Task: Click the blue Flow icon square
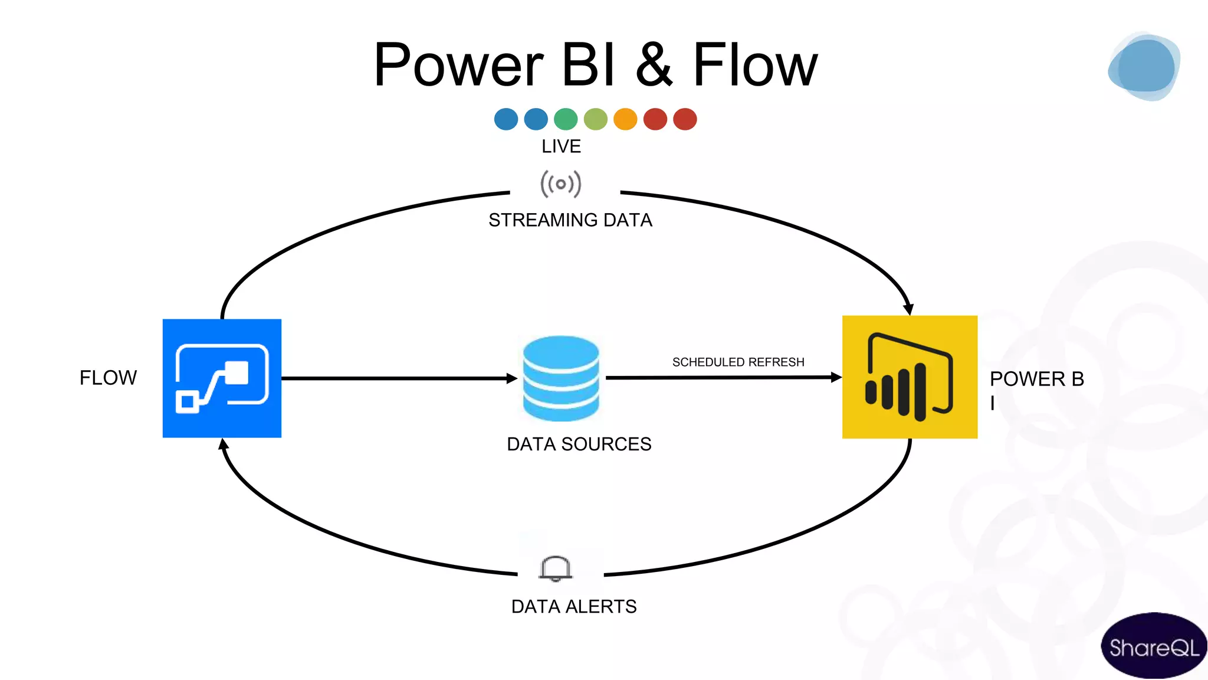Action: pos(222,378)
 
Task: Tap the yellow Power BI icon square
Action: pos(910,377)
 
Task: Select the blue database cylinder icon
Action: pos(560,378)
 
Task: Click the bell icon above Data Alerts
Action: pos(555,568)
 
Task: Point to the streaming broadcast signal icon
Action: pos(560,184)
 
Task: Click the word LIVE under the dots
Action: pos(561,146)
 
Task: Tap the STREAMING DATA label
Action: pos(570,220)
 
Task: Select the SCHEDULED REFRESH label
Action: pos(738,362)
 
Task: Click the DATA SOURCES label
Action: pos(579,444)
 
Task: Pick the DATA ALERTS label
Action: pos(573,606)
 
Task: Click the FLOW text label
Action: pos(108,378)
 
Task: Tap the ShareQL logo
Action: pos(1153,647)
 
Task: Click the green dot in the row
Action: pos(566,119)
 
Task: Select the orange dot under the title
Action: pos(625,119)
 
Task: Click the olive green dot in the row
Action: pos(596,119)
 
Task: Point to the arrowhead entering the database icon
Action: pos(511,378)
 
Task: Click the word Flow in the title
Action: pos(755,65)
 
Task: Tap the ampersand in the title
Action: pos(654,65)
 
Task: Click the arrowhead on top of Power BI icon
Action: pos(908,309)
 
